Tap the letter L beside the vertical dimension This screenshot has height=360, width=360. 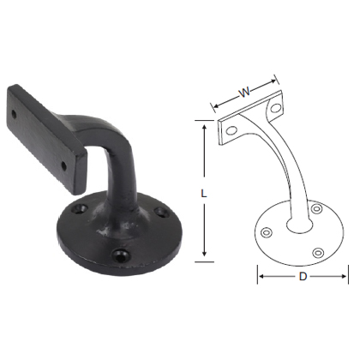click(x=203, y=194)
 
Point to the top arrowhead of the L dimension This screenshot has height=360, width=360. click(x=203, y=127)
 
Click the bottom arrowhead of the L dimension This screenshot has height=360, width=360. click(x=203, y=256)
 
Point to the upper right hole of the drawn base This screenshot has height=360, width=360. click(x=316, y=208)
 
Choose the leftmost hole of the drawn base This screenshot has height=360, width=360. click(x=267, y=232)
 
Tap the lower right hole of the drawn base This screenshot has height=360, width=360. click(x=319, y=252)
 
